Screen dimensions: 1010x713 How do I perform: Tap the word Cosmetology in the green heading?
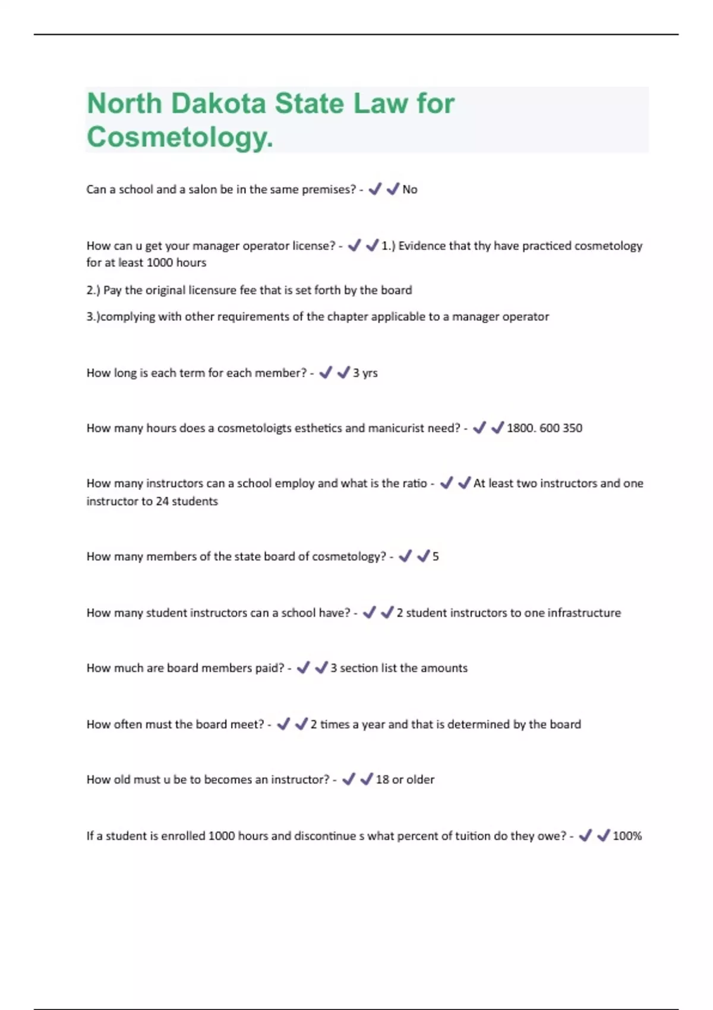click(179, 137)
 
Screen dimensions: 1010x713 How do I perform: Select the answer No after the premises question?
click(410, 190)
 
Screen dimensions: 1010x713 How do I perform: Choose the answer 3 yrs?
click(365, 373)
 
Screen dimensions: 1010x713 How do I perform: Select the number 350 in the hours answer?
click(572, 428)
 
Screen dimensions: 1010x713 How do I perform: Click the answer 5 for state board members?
click(436, 557)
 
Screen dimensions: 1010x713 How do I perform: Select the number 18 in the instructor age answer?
click(382, 779)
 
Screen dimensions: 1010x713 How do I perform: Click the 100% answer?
click(627, 836)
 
